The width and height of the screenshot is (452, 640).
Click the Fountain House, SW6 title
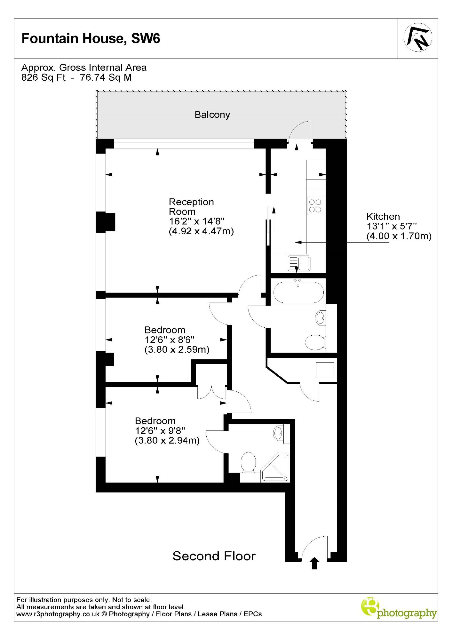[x=91, y=39]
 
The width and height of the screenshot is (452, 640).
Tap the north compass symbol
[x=418, y=37]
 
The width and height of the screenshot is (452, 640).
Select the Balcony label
[x=212, y=115]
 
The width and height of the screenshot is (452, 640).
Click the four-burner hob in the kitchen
[x=315, y=206]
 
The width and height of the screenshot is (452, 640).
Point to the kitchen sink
[x=299, y=263]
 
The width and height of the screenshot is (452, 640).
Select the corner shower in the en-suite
[x=275, y=467]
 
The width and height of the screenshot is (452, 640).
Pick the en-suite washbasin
[x=278, y=433]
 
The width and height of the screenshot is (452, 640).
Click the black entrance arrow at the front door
[x=314, y=564]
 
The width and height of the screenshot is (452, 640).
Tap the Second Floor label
[x=214, y=556]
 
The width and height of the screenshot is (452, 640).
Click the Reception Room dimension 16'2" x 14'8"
[x=197, y=221]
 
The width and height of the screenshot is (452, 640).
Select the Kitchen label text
[x=383, y=216]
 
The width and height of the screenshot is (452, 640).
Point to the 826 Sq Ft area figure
[x=44, y=77]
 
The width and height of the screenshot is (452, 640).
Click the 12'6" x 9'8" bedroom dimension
[x=160, y=431]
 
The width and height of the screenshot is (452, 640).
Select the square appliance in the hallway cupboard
[x=325, y=370]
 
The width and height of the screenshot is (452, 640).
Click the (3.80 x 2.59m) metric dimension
[x=177, y=349]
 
